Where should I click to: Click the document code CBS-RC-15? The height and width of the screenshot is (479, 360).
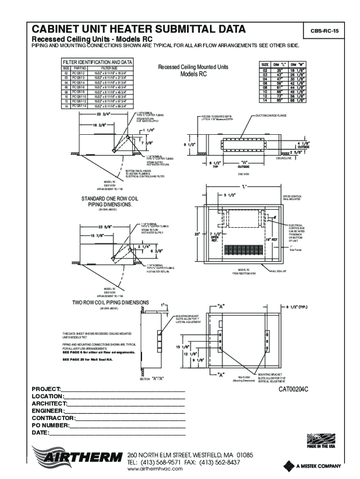(x=322, y=31)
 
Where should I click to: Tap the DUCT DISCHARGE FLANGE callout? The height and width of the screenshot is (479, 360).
(x=271, y=115)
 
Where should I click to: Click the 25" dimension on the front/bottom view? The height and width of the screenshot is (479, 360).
(x=198, y=233)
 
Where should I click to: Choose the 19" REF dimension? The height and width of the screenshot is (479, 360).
(x=272, y=239)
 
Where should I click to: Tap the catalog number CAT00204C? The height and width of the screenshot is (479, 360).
(x=294, y=389)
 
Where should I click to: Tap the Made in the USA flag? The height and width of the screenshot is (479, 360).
(x=321, y=439)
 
